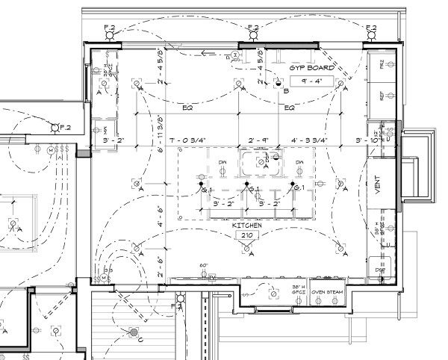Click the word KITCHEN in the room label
[x=245, y=225]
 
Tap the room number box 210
[x=245, y=235]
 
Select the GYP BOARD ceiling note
[x=312, y=68]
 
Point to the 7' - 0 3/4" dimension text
[x=191, y=140]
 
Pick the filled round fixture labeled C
[x=133, y=332]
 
